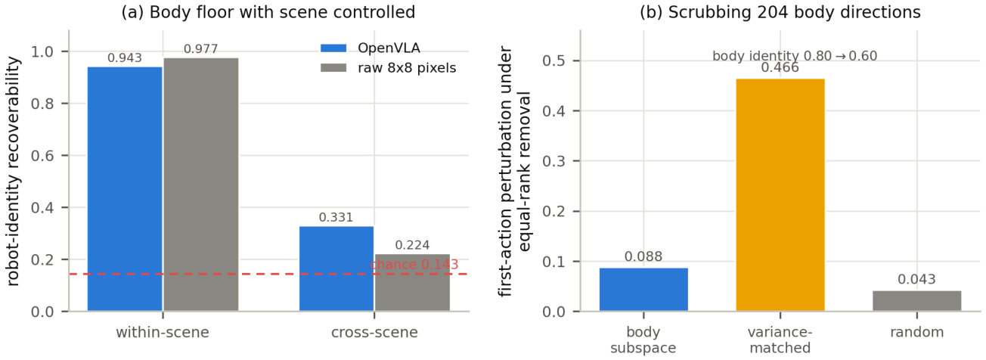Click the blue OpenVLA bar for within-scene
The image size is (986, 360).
coord(125,189)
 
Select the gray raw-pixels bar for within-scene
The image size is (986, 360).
coord(201,185)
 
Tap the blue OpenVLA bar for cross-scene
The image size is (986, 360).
coord(336,269)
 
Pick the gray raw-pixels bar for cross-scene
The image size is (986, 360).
coord(412,283)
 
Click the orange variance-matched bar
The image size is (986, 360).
coord(780,195)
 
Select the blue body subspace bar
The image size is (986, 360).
coord(643,290)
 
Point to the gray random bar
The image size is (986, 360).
coord(917,301)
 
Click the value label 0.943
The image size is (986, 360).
coord(125,58)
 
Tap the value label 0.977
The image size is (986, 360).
coord(200,49)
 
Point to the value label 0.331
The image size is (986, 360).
coord(336,217)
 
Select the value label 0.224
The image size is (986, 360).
coord(412,245)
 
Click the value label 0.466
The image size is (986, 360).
coord(780,67)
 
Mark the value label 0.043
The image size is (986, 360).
coord(917,280)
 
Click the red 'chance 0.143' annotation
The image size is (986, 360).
coord(414,265)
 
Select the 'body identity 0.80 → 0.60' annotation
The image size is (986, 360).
coord(795,56)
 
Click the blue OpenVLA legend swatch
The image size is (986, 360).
coord(333,48)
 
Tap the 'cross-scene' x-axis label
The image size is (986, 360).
coord(374,332)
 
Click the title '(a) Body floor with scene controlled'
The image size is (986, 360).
coord(268,12)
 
